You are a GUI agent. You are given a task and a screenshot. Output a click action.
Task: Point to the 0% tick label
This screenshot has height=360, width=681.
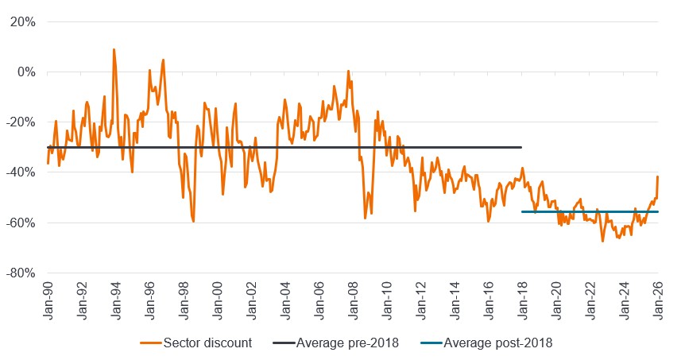27,72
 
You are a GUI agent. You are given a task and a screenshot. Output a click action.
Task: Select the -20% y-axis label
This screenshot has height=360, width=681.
22,122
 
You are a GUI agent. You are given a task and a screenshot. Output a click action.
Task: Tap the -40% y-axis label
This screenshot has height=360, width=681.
22,172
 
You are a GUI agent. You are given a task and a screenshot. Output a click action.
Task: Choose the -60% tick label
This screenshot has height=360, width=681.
22,223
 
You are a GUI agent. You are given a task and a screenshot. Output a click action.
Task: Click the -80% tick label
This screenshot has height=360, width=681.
22,273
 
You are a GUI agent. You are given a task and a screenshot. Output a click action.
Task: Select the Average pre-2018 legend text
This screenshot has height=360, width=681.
346,343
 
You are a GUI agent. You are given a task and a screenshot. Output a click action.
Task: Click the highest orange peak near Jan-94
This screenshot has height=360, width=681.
114,49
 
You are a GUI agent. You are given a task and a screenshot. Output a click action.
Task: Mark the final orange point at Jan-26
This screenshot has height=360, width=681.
658,176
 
